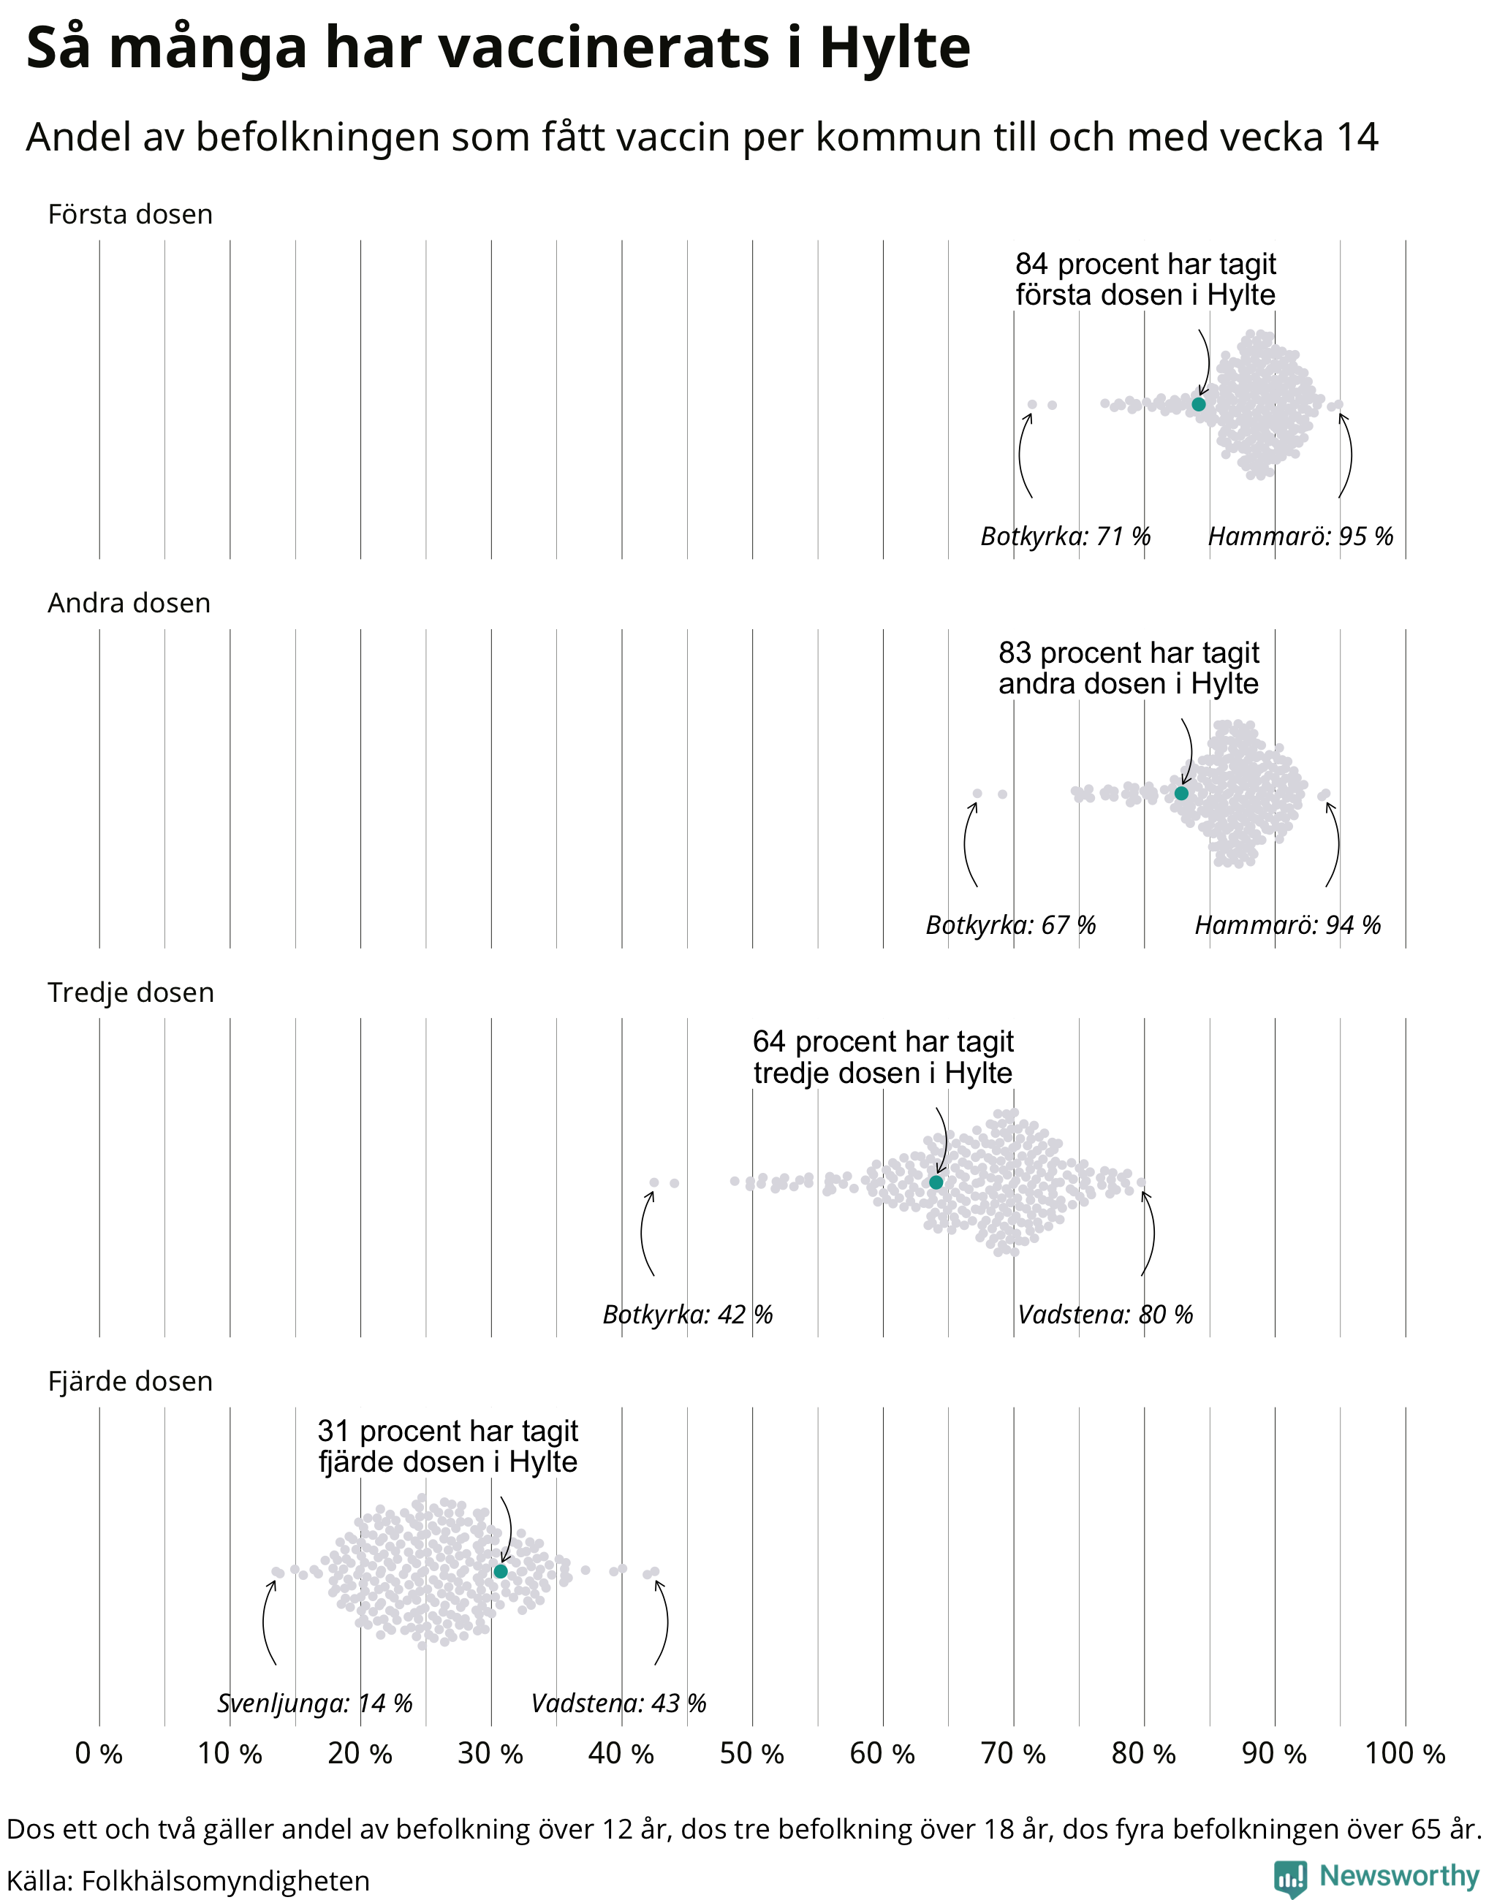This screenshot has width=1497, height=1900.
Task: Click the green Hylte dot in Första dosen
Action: tap(1198, 404)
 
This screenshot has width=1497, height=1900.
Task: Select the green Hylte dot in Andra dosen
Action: tap(1181, 793)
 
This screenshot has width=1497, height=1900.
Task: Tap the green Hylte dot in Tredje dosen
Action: tap(936, 1182)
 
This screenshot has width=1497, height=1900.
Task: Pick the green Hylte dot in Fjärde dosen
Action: tap(501, 1571)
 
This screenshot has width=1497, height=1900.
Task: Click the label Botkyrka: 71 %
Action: tap(1065, 536)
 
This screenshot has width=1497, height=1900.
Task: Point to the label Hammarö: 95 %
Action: tap(1300, 536)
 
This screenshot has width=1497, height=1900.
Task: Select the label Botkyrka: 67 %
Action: tap(1011, 925)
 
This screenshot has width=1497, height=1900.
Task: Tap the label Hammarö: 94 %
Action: tap(1287, 925)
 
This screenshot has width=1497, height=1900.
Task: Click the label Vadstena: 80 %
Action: tap(1105, 1315)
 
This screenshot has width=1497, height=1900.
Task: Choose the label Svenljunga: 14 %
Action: tap(314, 1703)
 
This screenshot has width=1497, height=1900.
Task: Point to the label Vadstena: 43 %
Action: tap(619, 1703)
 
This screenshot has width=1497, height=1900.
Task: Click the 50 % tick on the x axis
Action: tap(752, 1754)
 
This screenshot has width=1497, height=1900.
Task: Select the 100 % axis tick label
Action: tap(1405, 1754)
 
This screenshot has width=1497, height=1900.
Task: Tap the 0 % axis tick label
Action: tap(99, 1754)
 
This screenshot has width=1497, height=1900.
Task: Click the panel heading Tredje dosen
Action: tap(131, 992)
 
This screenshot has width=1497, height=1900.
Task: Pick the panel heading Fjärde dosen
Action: tap(131, 1381)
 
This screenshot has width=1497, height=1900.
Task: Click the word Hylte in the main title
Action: tap(895, 48)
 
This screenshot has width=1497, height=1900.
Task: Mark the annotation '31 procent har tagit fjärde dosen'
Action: tap(448, 1446)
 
